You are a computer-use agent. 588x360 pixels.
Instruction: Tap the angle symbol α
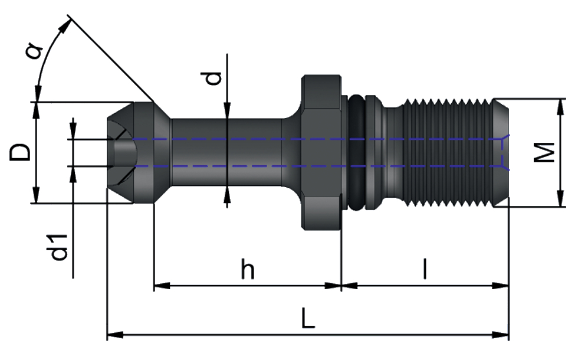(x=35, y=52)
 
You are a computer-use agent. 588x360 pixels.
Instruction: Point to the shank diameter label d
(x=215, y=77)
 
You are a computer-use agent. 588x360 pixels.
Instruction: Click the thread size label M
(x=546, y=152)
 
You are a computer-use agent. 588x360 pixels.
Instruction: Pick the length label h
(x=248, y=270)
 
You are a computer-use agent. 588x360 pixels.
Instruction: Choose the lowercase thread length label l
(x=425, y=269)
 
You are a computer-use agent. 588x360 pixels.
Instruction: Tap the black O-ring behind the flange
(x=356, y=152)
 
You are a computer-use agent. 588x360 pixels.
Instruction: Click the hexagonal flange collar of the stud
(x=321, y=152)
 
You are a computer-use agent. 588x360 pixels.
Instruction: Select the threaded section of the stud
(x=448, y=152)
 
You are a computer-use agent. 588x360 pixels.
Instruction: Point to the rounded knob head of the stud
(x=133, y=152)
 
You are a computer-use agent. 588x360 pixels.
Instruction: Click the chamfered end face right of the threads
(x=500, y=152)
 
